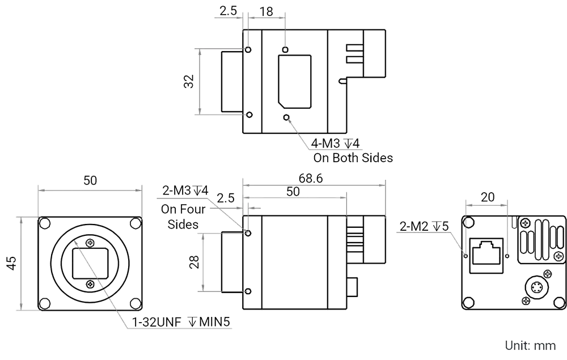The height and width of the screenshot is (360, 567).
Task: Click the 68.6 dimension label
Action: pos(311,179)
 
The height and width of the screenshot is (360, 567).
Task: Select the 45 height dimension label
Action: pos(11,261)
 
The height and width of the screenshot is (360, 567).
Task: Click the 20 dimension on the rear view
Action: pos(486,198)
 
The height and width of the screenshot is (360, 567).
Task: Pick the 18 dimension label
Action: pos(265,11)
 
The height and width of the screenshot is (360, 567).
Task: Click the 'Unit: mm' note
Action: pos(531,345)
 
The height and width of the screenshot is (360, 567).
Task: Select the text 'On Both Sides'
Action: pos(353,158)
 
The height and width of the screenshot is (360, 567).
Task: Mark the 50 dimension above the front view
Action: pos(90,181)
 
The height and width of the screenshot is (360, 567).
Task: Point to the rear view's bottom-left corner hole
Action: pos(468,301)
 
